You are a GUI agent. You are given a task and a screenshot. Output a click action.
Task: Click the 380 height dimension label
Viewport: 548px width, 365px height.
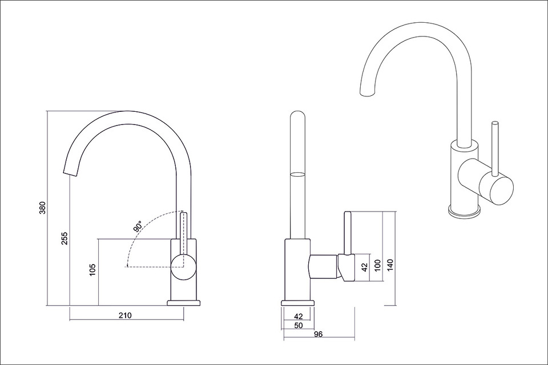point(42,208)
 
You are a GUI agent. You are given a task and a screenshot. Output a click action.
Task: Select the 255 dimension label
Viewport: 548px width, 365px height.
point(65,238)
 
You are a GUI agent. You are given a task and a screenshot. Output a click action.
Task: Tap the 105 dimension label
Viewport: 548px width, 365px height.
point(92,270)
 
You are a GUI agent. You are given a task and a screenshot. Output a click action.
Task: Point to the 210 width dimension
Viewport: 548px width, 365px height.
point(125,315)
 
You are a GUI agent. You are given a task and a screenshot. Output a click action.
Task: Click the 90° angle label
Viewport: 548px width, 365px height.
point(138,226)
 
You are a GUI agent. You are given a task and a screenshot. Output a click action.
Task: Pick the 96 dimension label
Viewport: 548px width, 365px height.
point(318,334)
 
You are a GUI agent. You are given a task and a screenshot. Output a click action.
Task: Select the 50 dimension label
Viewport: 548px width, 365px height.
point(298,326)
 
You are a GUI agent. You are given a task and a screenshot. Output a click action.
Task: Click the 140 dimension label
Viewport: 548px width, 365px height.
point(390,265)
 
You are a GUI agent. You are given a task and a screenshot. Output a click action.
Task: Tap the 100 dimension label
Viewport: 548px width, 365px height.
point(377,265)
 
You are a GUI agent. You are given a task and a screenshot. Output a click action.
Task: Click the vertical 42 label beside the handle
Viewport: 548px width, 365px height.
point(365,267)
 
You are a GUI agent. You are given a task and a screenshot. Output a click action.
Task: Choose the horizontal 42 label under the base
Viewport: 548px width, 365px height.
point(298,317)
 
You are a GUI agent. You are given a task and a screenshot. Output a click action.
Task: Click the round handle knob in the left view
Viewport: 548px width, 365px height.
point(183,267)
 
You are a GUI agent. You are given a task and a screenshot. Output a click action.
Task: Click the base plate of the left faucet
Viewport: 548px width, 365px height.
point(184,303)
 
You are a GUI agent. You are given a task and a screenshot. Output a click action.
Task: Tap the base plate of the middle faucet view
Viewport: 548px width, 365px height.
point(298,303)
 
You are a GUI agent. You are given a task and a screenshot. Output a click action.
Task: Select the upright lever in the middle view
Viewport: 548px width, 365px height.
point(348,233)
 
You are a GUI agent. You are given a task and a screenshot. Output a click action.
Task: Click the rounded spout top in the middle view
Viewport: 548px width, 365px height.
point(298,117)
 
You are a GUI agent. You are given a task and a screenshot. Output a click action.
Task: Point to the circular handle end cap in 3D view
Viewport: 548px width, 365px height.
point(496,190)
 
